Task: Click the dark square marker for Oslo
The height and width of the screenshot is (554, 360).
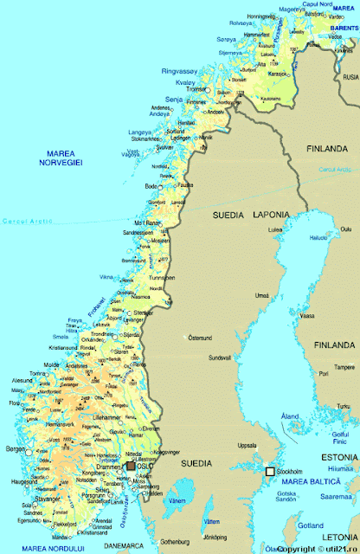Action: (131, 466)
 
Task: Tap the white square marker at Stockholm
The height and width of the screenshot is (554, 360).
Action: (270, 471)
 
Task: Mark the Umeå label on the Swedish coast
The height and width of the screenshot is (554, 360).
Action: (258, 296)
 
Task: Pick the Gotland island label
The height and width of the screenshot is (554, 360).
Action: (310, 525)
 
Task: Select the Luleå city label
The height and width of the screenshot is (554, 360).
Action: (277, 230)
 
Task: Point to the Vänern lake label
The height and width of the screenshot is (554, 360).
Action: (177, 501)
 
